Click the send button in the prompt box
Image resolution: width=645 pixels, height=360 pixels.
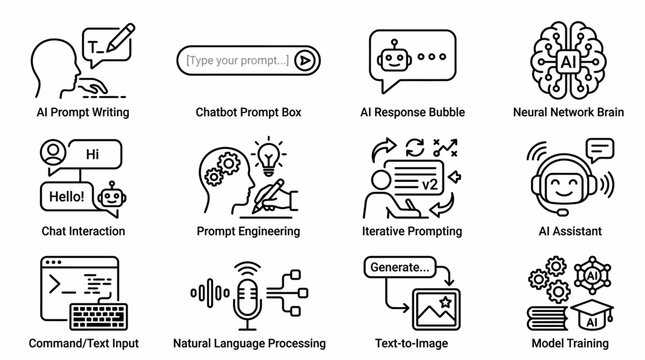point(304,61)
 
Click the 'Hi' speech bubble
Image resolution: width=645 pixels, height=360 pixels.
point(93,156)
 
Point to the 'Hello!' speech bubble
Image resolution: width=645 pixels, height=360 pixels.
point(65,196)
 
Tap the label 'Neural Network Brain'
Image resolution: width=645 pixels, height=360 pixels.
point(567,112)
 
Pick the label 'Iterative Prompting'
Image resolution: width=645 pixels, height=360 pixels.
point(412,231)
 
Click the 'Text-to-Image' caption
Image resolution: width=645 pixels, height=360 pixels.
point(412,343)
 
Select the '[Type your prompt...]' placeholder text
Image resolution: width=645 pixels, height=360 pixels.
point(237,61)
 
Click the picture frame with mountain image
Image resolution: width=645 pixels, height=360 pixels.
point(432,303)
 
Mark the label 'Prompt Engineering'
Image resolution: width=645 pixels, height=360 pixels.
point(249,231)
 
